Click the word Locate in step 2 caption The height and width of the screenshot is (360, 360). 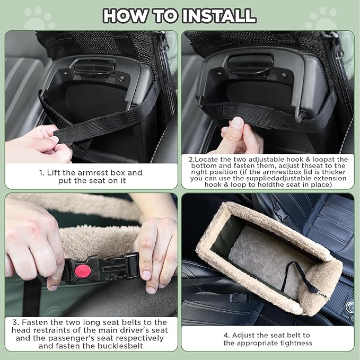point(208,159)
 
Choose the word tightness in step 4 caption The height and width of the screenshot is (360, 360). point(294,343)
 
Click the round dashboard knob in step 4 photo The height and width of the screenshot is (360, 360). point(350,306)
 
